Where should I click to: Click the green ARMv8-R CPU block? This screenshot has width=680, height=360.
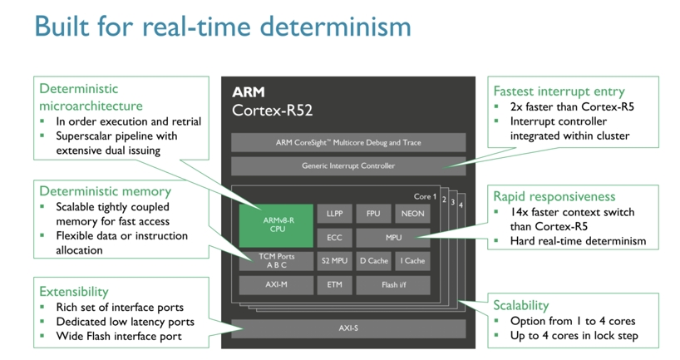click(276, 225)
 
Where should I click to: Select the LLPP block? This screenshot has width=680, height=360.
click(334, 214)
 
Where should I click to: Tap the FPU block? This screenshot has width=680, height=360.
click(373, 214)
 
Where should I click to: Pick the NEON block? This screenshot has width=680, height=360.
click(412, 214)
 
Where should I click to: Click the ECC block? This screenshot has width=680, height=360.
click(334, 238)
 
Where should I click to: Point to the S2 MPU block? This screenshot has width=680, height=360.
click(334, 261)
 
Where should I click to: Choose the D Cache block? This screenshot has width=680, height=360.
click(373, 261)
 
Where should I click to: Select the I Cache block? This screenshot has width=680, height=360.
click(412, 261)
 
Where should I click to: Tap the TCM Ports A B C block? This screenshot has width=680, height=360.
click(276, 261)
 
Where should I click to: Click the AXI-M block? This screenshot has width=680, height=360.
click(276, 285)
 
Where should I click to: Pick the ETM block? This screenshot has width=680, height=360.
click(334, 285)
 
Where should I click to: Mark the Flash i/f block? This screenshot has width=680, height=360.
click(393, 285)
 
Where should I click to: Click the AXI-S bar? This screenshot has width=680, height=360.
click(348, 328)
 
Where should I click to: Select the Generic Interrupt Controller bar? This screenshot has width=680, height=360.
click(348, 166)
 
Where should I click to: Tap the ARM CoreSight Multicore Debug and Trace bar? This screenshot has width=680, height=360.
click(348, 142)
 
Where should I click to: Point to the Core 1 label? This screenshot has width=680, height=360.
click(425, 196)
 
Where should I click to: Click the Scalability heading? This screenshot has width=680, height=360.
click(521, 305)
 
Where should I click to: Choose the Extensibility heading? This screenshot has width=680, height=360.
click(74, 292)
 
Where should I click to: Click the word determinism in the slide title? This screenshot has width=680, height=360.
click(335, 26)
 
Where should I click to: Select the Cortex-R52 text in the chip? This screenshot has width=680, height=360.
click(273, 111)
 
